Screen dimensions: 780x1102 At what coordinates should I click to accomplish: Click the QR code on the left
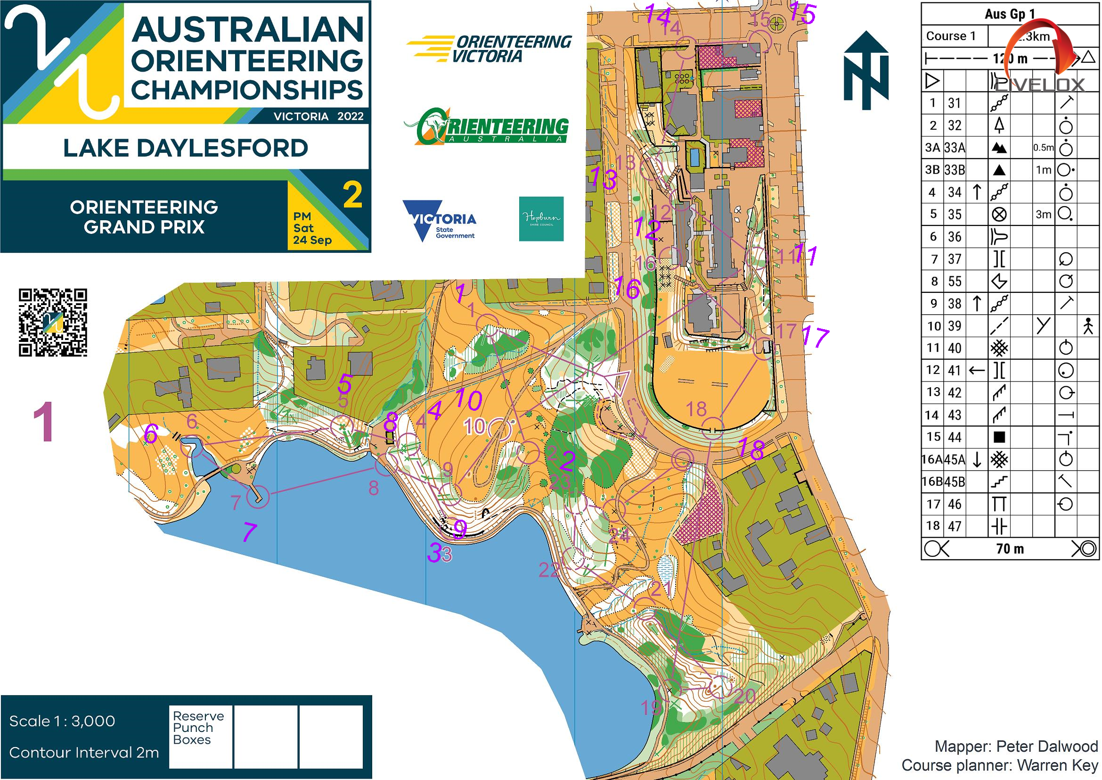pyautogui.click(x=53, y=322)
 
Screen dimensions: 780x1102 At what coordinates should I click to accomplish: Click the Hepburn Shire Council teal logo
pyautogui.click(x=541, y=218)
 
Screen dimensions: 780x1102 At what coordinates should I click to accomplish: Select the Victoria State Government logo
pyautogui.click(x=439, y=220)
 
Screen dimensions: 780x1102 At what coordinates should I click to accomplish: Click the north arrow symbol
pyautogui.click(x=866, y=71)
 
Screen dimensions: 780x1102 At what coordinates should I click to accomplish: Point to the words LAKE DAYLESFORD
pyautogui.click(x=185, y=148)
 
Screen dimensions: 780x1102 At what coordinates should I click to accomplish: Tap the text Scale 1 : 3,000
pyautogui.click(x=62, y=721)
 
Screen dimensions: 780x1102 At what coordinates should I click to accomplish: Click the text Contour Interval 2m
pyautogui.click(x=84, y=752)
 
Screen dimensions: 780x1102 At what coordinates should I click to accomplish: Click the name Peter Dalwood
pyautogui.click(x=1046, y=746)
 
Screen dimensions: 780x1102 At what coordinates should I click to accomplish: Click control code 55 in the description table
pyautogui.click(x=954, y=281)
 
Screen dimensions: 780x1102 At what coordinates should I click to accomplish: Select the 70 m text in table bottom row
pyautogui.click(x=1009, y=548)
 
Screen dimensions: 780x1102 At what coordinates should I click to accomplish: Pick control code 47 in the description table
pyautogui.click(x=954, y=526)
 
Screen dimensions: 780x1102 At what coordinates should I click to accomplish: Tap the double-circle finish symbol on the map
pyautogui.click(x=682, y=459)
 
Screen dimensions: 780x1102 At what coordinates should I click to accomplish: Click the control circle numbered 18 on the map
pyautogui.click(x=713, y=428)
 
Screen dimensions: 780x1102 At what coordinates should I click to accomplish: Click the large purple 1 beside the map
pyautogui.click(x=43, y=422)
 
